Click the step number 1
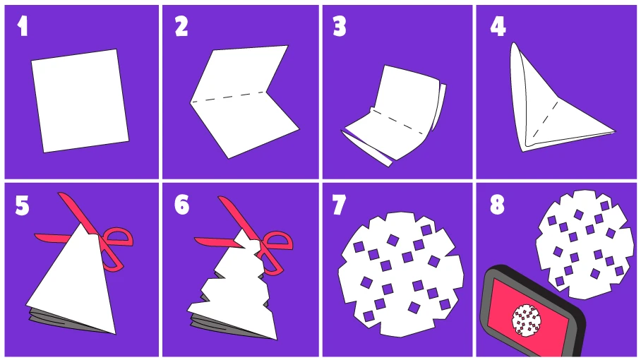(23, 26)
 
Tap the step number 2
(181, 26)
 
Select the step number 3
(340, 26)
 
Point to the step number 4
(498, 26)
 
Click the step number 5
(23, 205)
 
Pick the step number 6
(181, 205)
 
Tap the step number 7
(339, 205)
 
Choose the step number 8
(498, 205)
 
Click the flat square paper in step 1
(79, 100)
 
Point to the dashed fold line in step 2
(228, 97)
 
